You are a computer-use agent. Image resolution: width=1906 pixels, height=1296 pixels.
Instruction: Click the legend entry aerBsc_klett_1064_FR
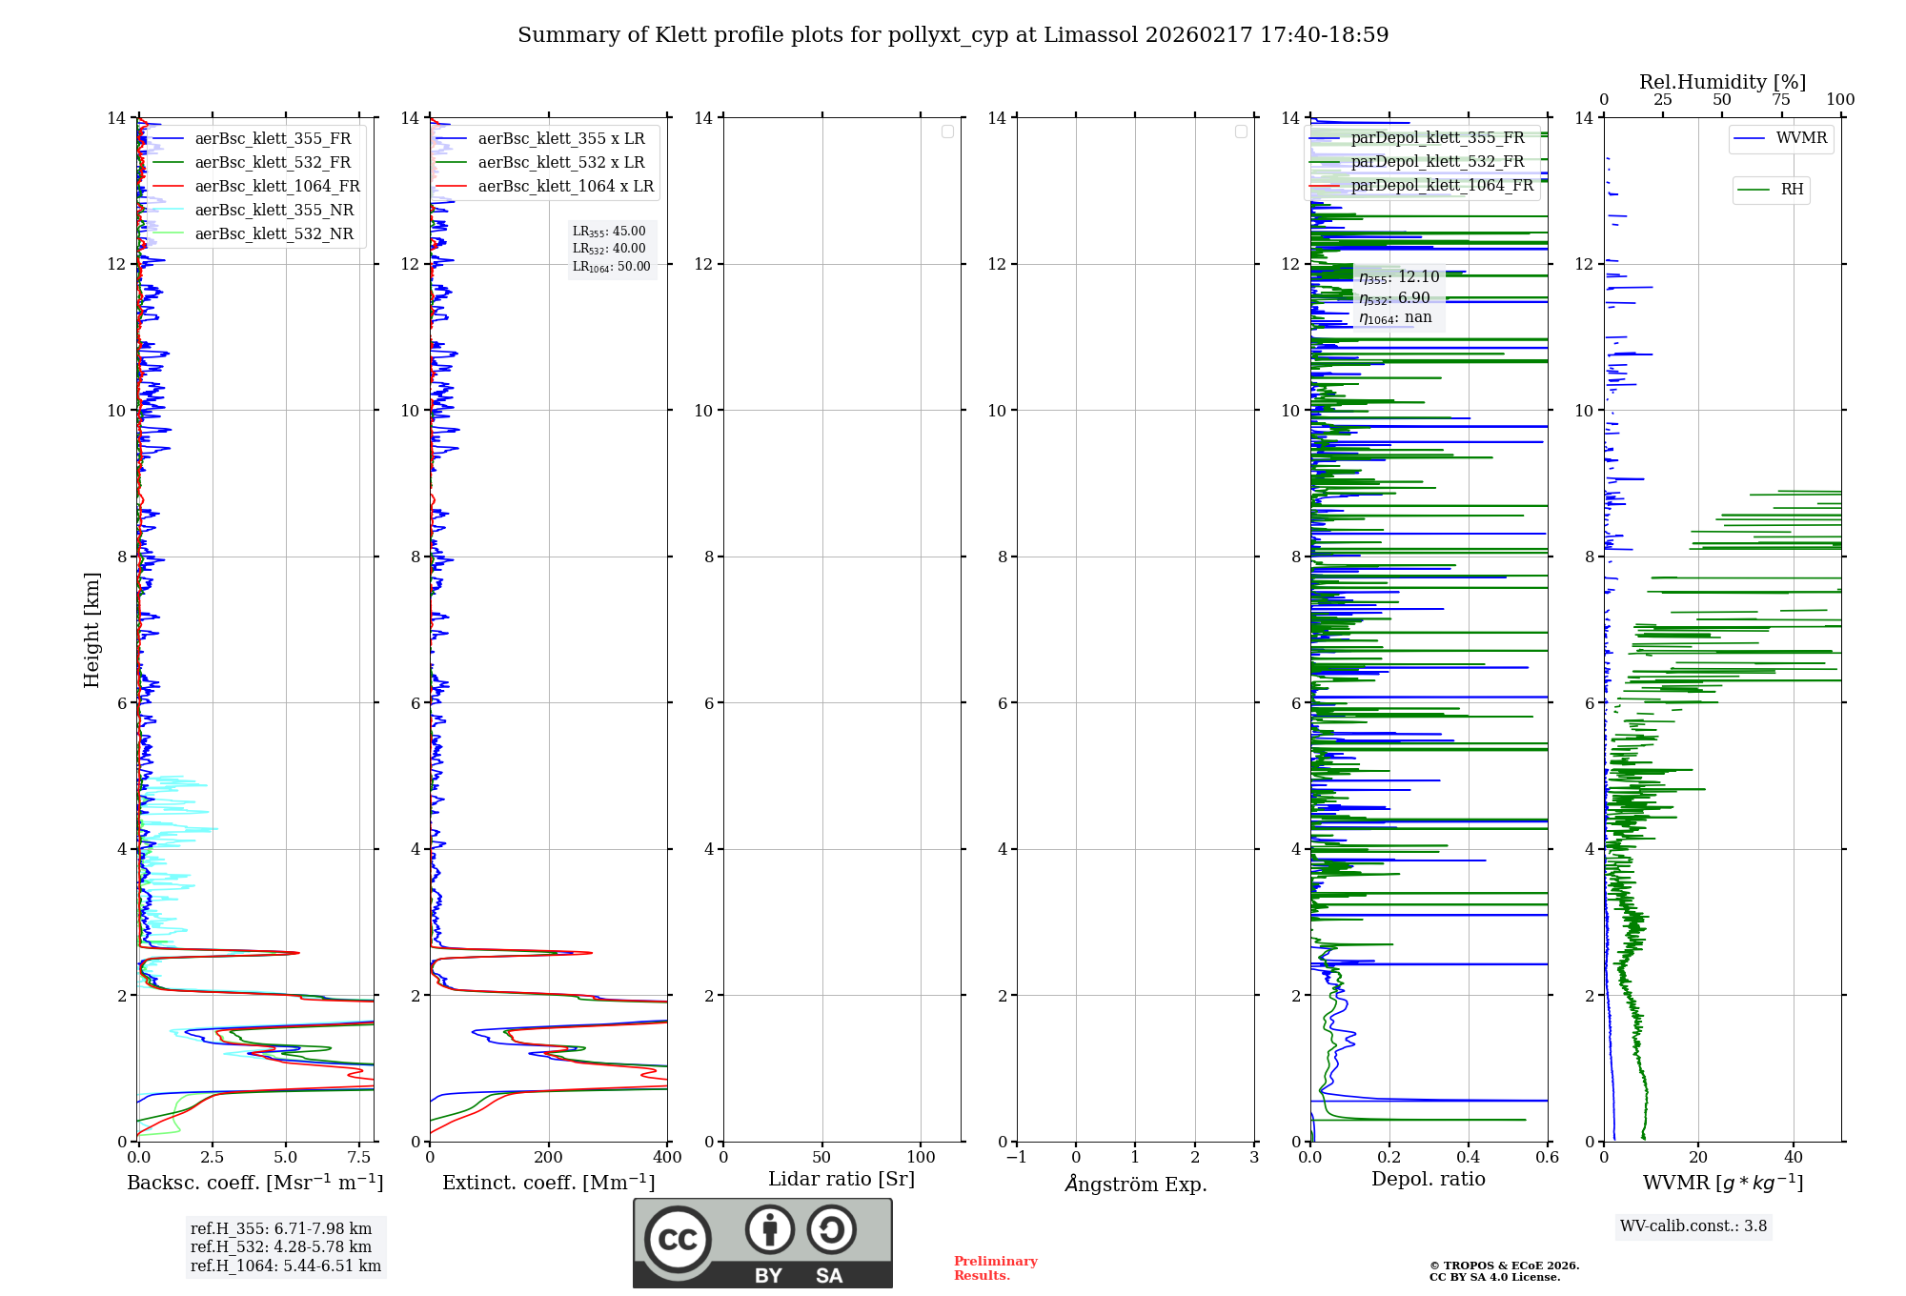(x=276, y=187)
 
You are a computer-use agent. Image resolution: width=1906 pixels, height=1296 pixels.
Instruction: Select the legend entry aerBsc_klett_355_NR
(x=274, y=211)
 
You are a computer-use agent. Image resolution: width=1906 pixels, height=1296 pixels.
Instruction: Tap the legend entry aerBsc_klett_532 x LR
(x=560, y=163)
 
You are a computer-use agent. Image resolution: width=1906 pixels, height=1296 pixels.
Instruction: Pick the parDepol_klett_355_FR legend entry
(x=1437, y=138)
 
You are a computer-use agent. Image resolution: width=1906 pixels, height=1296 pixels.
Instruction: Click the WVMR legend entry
(x=1801, y=138)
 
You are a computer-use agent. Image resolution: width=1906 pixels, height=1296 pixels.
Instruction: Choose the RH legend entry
(x=1792, y=190)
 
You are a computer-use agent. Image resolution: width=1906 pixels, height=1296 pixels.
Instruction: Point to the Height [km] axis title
(x=91, y=630)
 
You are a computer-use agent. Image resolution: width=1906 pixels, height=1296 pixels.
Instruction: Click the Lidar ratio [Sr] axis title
(x=841, y=1180)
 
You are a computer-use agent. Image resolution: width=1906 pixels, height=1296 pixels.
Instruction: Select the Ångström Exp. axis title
(x=1135, y=1185)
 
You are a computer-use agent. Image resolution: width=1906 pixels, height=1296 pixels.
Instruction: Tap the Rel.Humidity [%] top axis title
(x=1722, y=82)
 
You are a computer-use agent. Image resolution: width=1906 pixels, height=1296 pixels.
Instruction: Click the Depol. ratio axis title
(x=1428, y=1180)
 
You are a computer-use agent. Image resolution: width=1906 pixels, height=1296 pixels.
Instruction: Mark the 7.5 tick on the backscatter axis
(x=359, y=1158)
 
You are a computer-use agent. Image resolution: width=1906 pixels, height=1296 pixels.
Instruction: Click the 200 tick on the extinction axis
(x=548, y=1158)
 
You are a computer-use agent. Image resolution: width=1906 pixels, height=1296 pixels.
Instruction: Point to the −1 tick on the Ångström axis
(x=1017, y=1158)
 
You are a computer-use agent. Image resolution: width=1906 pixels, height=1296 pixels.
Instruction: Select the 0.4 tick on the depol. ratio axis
(x=1469, y=1158)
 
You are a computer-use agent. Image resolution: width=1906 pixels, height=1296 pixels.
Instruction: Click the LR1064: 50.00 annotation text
(x=611, y=267)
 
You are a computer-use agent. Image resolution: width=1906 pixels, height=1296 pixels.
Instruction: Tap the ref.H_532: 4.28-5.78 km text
(x=281, y=1247)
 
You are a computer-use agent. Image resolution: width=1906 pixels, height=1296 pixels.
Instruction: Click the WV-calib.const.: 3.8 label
(x=1693, y=1226)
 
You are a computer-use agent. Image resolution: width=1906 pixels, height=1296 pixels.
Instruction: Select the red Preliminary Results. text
(x=995, y=1268)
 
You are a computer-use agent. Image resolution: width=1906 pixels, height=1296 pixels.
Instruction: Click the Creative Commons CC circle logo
(x=678, y=1240)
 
